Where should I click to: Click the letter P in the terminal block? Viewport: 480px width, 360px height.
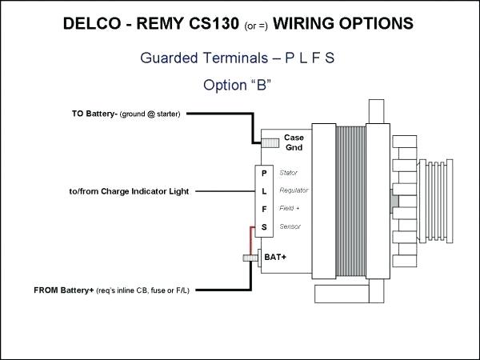(x=265, y=173)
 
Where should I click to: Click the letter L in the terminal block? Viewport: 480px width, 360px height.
(x=265, y=191)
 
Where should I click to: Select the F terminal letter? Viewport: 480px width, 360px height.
(x=265, y=210)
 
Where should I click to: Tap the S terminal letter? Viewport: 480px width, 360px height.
(x=265, y=228)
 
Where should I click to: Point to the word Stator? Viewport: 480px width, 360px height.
(x=289, y=173)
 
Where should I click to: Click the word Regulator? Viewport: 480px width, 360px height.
(x=294, y=191)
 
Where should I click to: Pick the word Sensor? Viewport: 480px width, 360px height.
(x=290, y=228)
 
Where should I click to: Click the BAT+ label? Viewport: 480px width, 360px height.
(x=275, y=258)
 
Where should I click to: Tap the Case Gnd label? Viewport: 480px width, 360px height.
(x=294, y=142)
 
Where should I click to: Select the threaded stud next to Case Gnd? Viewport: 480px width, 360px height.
(x=270, y=143)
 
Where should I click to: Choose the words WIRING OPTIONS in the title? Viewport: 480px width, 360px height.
(x=343, y=25)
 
